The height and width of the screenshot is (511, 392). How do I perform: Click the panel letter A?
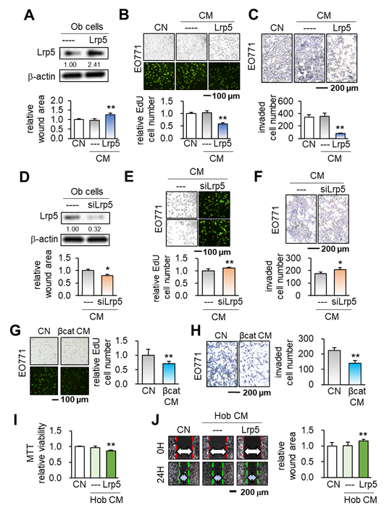[31, 12]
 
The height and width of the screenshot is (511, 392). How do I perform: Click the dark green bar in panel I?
[110, 460]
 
